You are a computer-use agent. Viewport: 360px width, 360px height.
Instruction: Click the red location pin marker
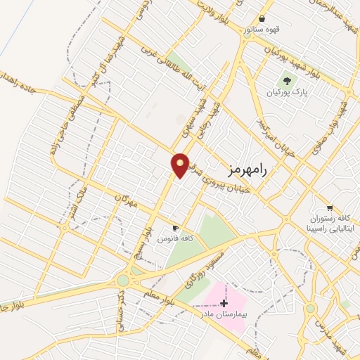pyautogui.click(x=181, y=165)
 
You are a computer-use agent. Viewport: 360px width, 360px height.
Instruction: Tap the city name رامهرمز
pyautogui.click(x=249, y=169)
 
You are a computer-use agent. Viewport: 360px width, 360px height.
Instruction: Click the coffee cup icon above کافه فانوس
pyautogui.click(x=175, y=229)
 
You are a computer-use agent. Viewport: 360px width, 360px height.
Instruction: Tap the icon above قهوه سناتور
pyautogui.click(x=262, y=18)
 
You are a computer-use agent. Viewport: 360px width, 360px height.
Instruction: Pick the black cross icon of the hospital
pyautogui.click(x=224, y=304)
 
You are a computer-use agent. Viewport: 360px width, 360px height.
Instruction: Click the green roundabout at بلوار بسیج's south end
pyautogui.click(x=124, y=280)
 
